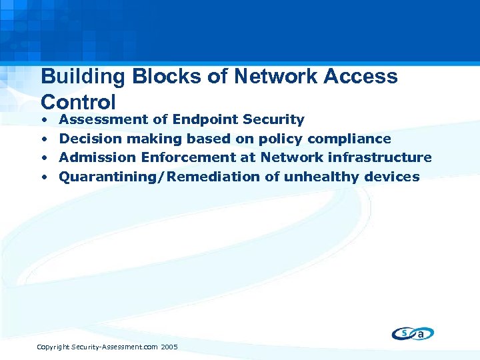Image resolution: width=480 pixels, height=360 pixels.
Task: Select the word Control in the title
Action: [78, 102]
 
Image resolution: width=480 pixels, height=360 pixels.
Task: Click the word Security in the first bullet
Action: [274, 120]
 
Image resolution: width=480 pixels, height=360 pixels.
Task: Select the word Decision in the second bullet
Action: [90, 139]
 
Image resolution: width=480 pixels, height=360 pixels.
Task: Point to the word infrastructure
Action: [380, 157]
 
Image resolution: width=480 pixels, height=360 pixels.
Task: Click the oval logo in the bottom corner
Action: [413, 333]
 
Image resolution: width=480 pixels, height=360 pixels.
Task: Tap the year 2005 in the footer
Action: [169, 347]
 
